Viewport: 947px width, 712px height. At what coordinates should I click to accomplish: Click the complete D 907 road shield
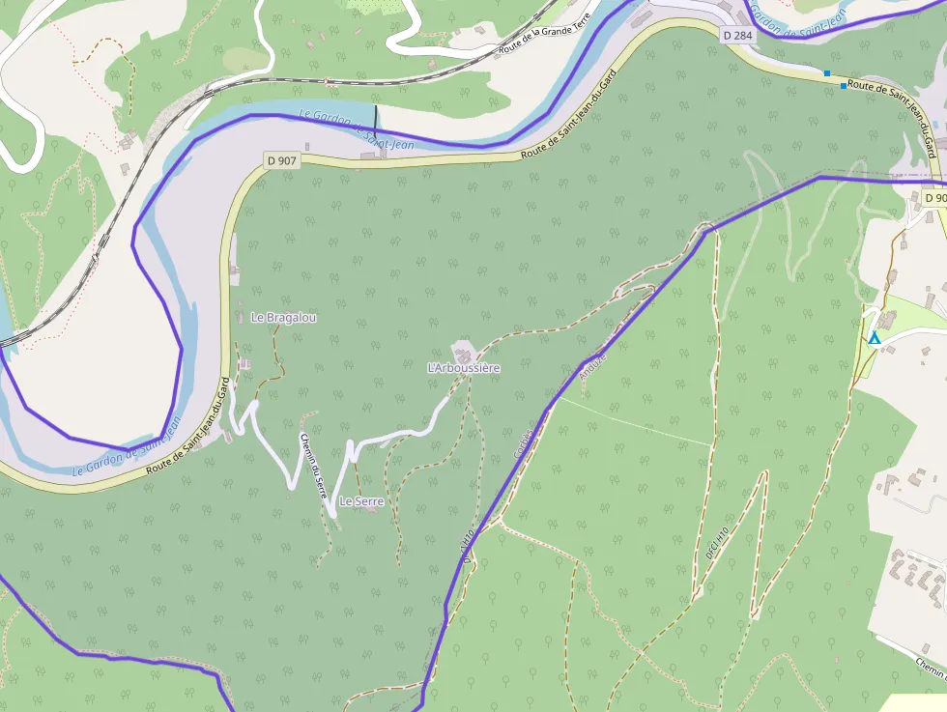point(281,160)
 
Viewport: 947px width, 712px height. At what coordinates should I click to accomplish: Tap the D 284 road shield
point(737,36)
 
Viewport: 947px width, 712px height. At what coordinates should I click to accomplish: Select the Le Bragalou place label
point(284,317)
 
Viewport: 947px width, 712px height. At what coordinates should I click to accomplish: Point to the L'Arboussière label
point(464,368)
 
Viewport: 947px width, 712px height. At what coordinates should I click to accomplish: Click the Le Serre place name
point(361,501)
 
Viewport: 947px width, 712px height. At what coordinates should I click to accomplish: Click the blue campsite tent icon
point(875,338)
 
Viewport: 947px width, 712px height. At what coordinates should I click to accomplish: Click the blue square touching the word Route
point(844,87)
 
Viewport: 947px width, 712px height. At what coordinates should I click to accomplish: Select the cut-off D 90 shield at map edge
point(933,198)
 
